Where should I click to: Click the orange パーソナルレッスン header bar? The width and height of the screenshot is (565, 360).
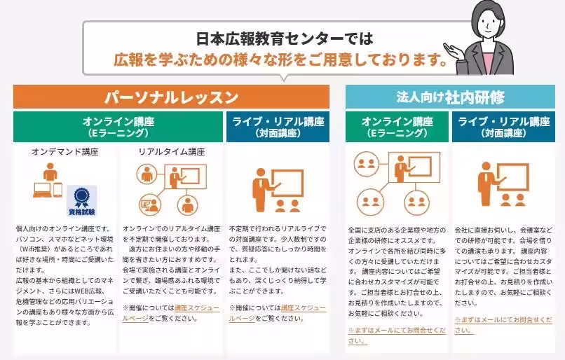click(171, 97)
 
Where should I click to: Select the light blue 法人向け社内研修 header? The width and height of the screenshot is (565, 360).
click(450, 97)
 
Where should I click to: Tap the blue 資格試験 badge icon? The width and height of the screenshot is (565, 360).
click(82, 201)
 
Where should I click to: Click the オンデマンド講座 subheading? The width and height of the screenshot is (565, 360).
click(65, 152)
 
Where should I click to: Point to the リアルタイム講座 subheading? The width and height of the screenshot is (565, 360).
click(172, 152)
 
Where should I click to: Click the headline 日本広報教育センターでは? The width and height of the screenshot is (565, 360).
click(285, 39)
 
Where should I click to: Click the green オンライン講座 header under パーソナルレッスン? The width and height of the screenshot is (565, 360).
click(118, 127)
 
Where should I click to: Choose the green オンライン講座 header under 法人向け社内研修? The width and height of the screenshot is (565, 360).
click(397, 127)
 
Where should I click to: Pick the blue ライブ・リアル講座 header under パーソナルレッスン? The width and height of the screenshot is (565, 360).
click(278, 127)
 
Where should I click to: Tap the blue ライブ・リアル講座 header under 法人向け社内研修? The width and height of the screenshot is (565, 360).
click(504, 127)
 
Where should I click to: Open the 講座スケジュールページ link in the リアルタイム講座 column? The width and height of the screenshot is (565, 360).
click(171, 313)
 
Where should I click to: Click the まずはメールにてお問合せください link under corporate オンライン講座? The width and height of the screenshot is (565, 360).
click(397, 335)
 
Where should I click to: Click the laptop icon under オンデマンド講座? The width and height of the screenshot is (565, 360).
click(42, 190)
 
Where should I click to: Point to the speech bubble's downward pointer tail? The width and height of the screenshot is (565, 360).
click(284, 78)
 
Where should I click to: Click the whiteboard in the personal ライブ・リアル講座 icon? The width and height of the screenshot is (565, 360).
click(287, 184)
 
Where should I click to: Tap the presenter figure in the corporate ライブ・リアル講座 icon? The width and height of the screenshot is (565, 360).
click(486, 184)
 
